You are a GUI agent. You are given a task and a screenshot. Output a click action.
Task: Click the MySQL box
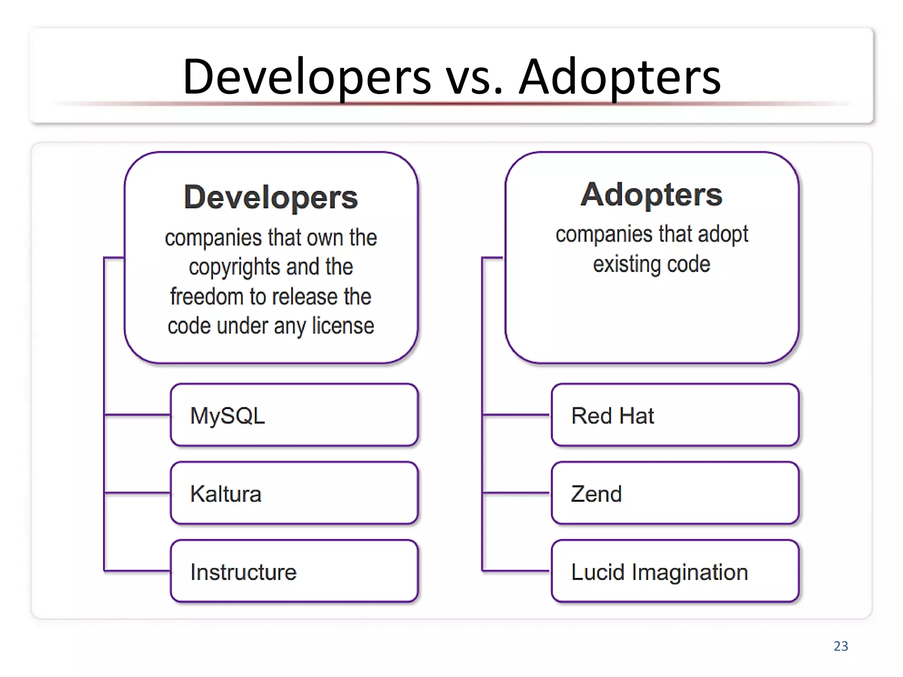tap(294, 415)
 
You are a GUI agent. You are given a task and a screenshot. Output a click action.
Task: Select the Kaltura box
tap(294, 493)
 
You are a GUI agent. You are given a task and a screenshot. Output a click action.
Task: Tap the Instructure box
tap(294, 571)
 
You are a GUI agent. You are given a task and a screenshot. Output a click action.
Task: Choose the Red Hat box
tap(675, 415)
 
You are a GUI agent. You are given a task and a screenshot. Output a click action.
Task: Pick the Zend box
tap(675, 493)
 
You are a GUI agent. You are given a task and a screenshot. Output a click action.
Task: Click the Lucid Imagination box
tap(675, 571)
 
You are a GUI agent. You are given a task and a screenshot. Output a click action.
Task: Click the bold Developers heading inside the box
tap(271, 197)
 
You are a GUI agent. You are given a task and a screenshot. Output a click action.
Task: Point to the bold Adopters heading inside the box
tap(651, 194)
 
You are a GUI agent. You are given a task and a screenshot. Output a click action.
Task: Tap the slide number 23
tap(840, 646)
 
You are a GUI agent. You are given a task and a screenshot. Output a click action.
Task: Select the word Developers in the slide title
tap(307, 77)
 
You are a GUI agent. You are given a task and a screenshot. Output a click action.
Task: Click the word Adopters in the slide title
tap(619, 77)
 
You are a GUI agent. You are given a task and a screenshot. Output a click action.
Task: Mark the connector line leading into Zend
tap(516, 493)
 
